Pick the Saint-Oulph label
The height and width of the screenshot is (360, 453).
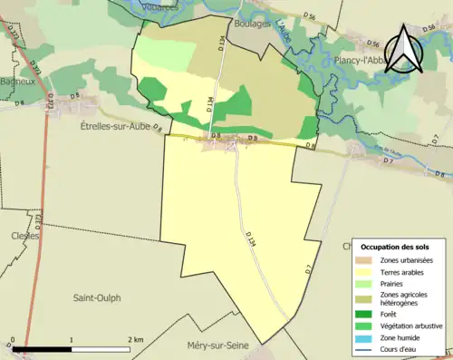click(x=96, y=297)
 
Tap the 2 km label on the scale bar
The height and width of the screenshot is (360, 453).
click(x=135, y=339)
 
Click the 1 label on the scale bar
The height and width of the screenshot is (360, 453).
click(x=72, y=339)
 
